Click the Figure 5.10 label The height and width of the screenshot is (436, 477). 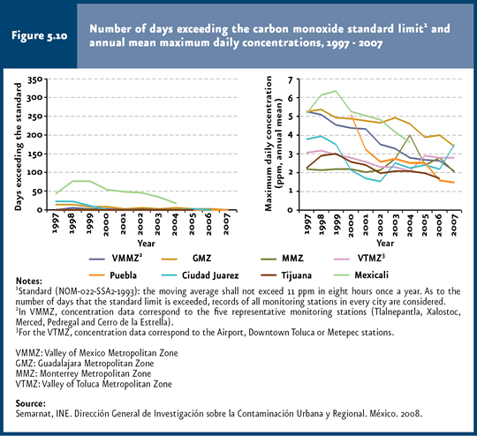pos(40,35)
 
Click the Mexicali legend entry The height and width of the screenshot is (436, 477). pos(361,275)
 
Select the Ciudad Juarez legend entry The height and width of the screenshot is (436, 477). pos(199,275)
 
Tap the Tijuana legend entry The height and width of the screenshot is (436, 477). pos(286,275)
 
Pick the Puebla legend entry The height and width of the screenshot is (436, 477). pos(113,275)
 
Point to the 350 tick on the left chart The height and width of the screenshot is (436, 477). pos(35,80)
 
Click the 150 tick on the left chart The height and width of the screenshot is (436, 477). pos(35,154)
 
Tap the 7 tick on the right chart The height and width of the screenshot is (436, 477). pos(291,80)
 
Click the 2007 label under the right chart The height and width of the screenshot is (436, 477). pos(455,224)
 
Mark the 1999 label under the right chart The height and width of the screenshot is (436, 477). pos(337,224)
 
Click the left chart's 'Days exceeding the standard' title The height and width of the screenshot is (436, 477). pos(19,147)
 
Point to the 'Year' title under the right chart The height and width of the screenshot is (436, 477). pos(385,244)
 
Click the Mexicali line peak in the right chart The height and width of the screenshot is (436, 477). pos(336,91)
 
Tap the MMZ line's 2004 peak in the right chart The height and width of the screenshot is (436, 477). pos(410,135)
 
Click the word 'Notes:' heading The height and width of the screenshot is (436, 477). pos(29,281)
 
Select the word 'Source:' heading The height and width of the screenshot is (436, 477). pos(30,403)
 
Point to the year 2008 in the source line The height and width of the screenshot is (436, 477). pos(412,414)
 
